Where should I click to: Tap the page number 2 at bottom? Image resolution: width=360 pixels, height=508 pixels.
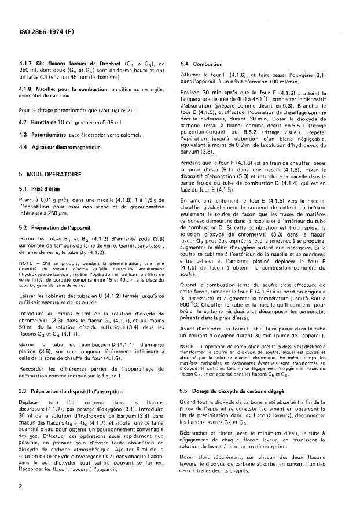point(20,486)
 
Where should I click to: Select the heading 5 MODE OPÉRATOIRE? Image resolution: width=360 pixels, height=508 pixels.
point(50,173)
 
